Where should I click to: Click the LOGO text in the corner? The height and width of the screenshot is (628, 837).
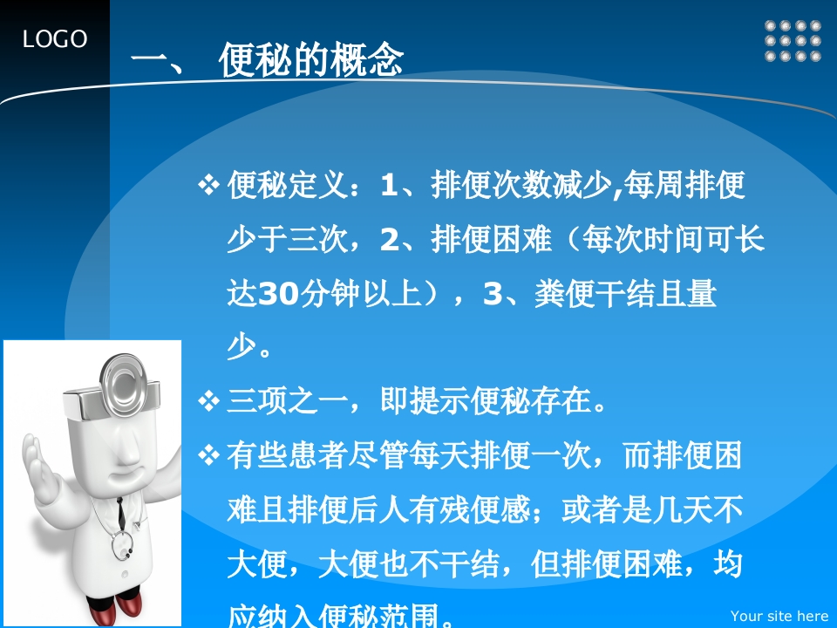(54, 39)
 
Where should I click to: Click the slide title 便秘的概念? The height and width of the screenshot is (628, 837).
(310, 59)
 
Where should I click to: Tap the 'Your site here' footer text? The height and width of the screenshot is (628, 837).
(779, 616)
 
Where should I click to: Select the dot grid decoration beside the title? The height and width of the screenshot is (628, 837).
(793, 41)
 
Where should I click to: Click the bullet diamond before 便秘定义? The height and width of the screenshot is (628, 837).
(208, 185)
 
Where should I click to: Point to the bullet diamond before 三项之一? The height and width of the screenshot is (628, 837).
(208, 401)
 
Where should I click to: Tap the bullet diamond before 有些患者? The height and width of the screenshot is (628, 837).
(208, 455)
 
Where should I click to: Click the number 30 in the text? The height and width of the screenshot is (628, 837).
(277, 294)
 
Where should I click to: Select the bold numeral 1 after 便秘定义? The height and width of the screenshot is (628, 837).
(389, 185)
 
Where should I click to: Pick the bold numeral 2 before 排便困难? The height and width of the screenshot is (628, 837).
(390, 240)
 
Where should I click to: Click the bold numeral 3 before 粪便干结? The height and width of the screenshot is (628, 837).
(492, 294)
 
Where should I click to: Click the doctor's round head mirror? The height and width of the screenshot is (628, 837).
(124, 383)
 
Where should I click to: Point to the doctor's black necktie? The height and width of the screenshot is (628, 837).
(121, 514)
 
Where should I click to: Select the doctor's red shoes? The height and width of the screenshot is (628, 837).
(115, 606)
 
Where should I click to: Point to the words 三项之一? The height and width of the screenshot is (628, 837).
(288, 401)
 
